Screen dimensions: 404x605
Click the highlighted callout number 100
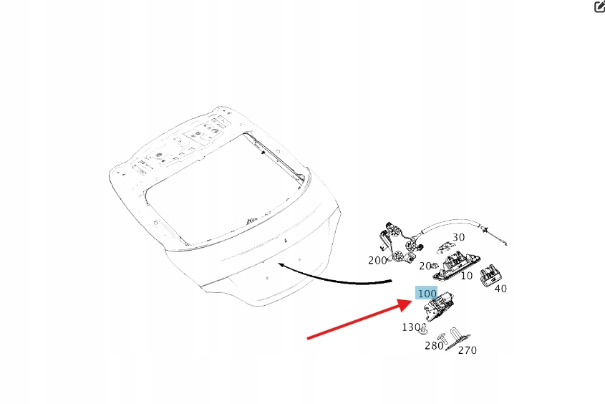pos(427,294)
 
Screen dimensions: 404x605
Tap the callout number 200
pos(377,261)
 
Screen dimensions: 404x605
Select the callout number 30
pos(458,237)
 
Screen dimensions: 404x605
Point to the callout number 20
pos(425,266)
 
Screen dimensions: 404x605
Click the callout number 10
pos(466,276)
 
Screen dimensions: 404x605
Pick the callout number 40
pos(500,289)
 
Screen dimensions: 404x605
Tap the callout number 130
pos(410,327)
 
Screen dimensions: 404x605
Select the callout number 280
pos(434,346)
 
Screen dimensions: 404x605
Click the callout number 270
pos(467,350)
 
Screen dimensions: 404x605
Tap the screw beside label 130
pos(424,330)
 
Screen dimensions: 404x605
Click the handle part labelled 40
pos(490,273)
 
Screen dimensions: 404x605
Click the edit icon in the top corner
pos(599,6)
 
